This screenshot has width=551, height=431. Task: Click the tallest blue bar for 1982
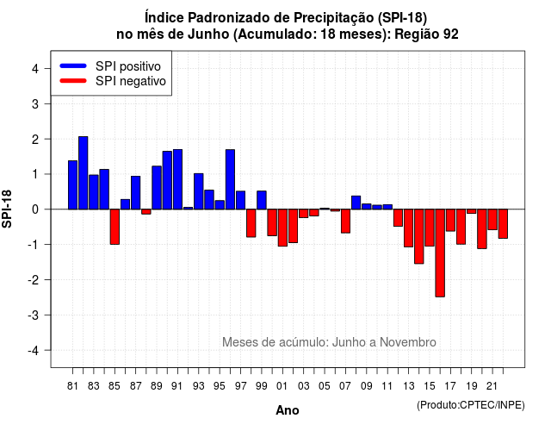tap(83, 172)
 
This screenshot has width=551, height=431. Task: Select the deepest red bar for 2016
tap(440, 253)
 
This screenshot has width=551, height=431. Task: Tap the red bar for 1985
tap(115, 227)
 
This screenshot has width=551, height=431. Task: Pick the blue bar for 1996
tap(230, 179)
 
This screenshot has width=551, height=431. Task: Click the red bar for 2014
tap(419, 236)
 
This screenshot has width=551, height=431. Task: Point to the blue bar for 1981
tap(72, 185)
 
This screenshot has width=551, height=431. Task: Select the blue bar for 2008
tap(356, 203)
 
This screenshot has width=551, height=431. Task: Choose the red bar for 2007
tap(345, 221)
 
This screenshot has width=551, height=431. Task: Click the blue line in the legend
tap(73, 66)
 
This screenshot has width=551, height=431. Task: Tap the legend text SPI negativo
tap(130, 81)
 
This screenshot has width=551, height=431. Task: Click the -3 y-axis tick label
tap(33, 315)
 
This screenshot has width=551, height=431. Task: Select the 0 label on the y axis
tap(35, 209)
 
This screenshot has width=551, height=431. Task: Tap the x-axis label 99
tap(262, 386)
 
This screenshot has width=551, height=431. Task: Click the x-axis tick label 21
tap(492, 386)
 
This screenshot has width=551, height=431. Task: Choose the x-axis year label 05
tap(325, 386)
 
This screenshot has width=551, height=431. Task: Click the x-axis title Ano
tap(288, 410)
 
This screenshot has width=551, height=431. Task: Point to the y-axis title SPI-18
tap(7, 209)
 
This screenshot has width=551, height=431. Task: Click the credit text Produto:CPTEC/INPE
tap(471, 405)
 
